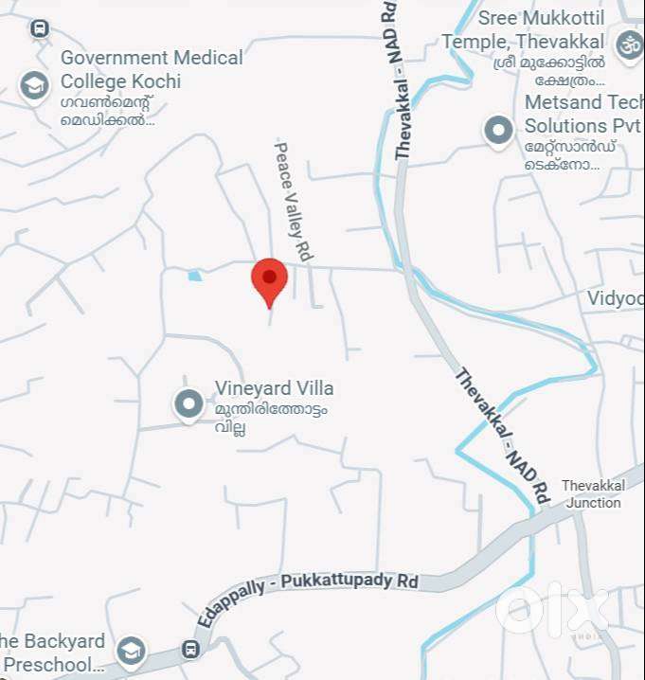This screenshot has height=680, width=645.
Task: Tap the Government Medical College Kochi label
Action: (152, 69)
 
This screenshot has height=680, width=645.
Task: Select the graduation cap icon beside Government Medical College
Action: (35, 86)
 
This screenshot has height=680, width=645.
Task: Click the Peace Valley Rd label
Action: (294, 200)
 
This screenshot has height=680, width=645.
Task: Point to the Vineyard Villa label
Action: (274, 388)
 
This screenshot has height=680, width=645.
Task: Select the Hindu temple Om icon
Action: (628, 44)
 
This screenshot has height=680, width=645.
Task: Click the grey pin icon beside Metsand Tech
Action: (498, 130)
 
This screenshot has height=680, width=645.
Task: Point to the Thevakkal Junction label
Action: (593, 494)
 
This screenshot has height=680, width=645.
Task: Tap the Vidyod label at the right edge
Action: (616, 298)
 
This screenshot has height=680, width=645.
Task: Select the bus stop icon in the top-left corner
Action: (39, 29)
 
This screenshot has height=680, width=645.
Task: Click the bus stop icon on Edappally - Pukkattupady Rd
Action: (190, 650)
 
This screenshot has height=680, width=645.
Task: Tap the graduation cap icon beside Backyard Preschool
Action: (130, 651)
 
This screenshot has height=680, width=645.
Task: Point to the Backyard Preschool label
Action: (52, 653)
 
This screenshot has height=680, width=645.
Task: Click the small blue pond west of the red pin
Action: (195, 276)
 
